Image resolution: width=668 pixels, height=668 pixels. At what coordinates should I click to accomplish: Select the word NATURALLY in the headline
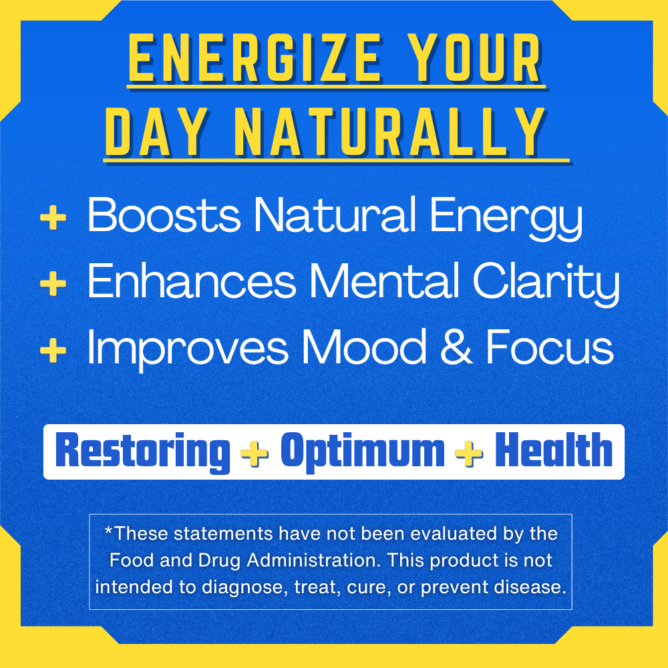point(390,132)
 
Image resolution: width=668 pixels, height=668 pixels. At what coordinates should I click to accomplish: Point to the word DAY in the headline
point(156,132)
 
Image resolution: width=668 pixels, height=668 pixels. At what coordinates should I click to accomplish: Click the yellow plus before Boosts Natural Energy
point(53,218)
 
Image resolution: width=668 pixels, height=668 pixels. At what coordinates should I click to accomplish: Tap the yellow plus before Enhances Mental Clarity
point(53,283)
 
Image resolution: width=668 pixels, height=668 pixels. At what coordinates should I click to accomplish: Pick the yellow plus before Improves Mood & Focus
point(53,350)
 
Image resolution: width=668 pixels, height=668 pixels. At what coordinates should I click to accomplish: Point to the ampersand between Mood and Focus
point(456,347)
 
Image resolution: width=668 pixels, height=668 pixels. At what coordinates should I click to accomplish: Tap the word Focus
point(550,347)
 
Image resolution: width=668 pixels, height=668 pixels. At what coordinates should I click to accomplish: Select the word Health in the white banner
point(553,450)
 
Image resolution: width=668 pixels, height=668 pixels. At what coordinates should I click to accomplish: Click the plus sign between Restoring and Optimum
point(255,453)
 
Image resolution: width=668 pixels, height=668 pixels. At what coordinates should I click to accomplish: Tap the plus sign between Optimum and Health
point(469,453)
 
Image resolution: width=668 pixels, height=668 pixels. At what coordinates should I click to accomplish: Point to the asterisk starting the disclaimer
point(108,530)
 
